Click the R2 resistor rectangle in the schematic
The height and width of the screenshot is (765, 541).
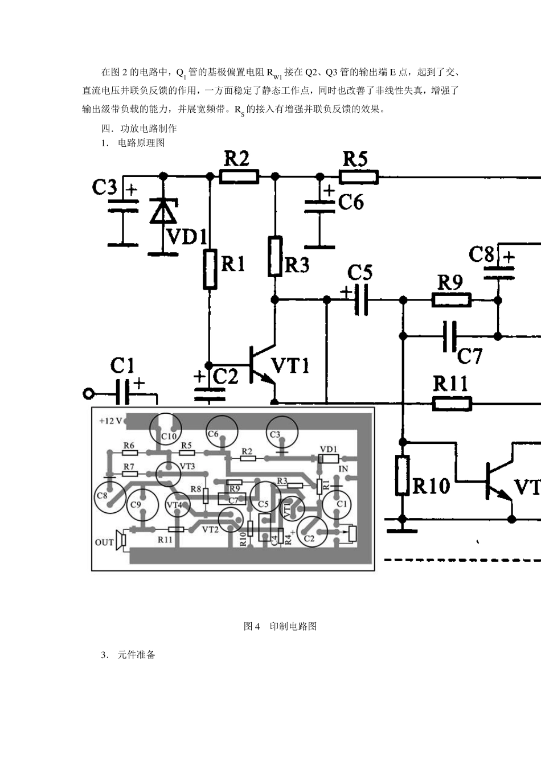pos(239,176)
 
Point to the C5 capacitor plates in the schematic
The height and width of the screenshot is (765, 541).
pos(362,300)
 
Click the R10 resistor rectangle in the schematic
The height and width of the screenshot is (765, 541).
pos(403,475)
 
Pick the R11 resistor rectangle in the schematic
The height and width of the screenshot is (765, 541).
pos(452,404)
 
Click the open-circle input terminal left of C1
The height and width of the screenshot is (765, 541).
pos(88,394)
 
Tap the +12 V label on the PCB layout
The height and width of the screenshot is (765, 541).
pos(110,421)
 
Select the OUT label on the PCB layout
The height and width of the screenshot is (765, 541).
pos(104,542)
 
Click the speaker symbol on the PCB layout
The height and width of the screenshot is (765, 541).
pos(121,540)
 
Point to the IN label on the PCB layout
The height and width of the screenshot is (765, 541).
pos(343,469)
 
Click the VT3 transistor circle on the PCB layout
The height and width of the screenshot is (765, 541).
pos(168,474)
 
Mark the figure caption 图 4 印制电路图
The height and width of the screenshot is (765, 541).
pos(280,626)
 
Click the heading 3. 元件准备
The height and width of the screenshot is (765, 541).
pos(128,655)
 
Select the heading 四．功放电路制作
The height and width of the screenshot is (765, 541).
pos(139,129)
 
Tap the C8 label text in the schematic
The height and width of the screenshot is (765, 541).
pos(481,254)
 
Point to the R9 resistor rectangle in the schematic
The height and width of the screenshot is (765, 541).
pos(452,300)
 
